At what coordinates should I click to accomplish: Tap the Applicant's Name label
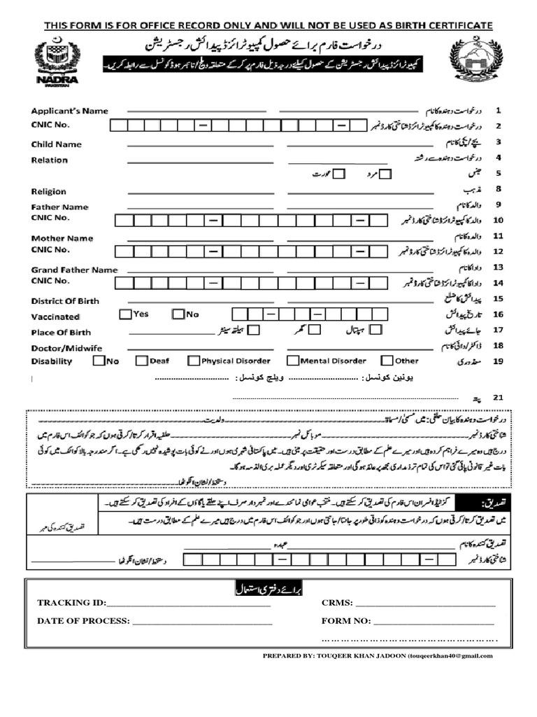(69, 111)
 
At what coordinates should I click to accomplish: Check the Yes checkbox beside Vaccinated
(125, 314)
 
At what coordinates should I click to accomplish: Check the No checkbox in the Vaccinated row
(178, 314)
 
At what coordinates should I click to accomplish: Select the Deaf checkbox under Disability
(141, 361)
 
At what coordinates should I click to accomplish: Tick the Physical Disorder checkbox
(193, 361)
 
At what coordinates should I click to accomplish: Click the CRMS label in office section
(337, 603)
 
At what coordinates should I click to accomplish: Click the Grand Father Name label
(74, 270)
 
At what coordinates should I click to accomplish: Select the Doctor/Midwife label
(66, 348)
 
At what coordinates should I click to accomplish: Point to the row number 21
(498, 397)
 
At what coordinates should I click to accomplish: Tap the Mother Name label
(62, 238)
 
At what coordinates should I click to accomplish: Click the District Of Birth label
(65, 301)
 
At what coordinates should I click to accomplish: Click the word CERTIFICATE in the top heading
(450, 26)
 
